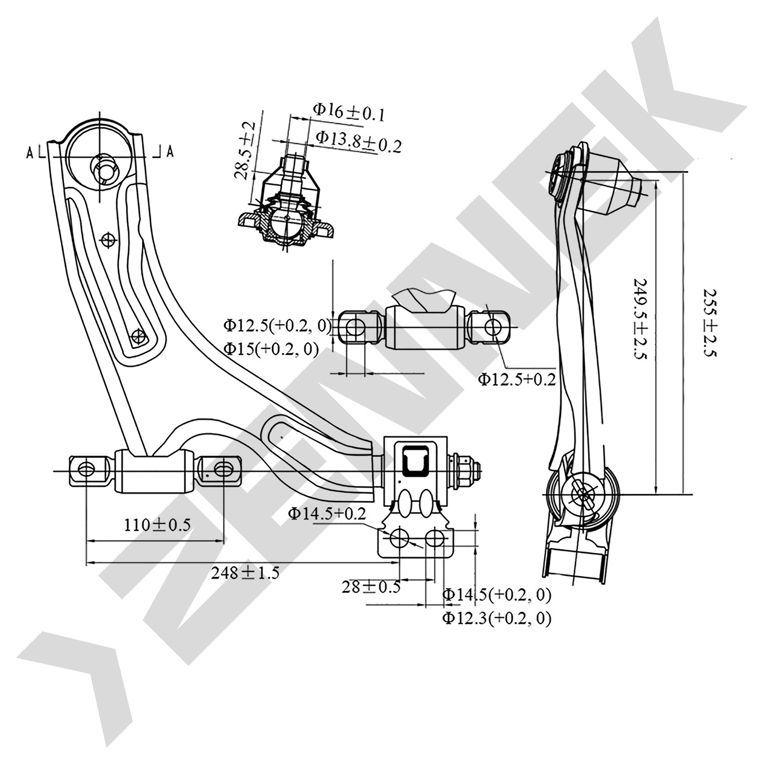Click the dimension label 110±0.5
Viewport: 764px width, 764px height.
(x=157, y=525)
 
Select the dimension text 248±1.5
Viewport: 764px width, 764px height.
(x=245, y=572)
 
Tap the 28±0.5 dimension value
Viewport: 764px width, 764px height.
(x=371, y=586)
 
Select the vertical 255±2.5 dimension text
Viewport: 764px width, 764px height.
(x=710, y=322)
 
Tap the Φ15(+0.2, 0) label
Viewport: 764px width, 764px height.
(x=271, y=348)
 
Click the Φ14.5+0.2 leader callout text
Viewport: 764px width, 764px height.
(x=327, y=513)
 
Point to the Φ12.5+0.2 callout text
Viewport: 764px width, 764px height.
(x=517, y=379)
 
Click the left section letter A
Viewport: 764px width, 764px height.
(x=30, y=152)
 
